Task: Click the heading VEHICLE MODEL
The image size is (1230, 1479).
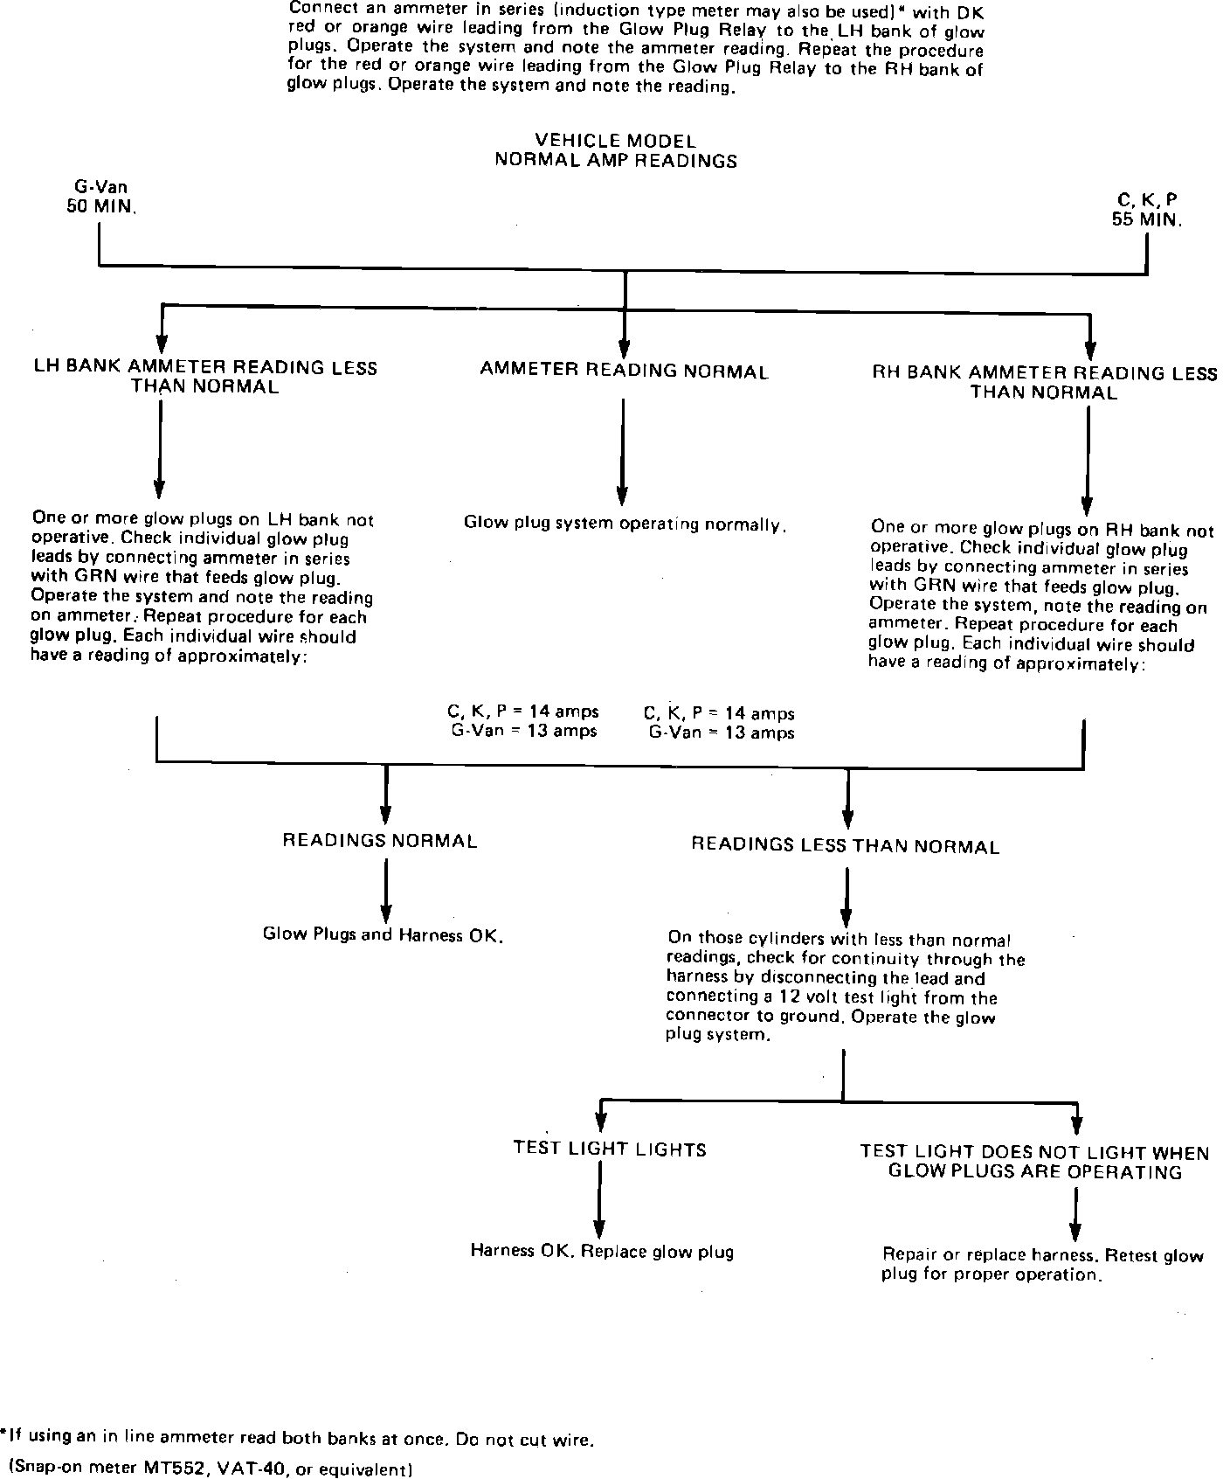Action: coord(615,141)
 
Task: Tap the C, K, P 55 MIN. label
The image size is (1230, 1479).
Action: coord(1147,210)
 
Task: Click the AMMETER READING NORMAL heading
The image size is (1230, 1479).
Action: coord(624,371)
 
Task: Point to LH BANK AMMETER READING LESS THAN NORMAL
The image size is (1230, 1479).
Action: coord(205,377)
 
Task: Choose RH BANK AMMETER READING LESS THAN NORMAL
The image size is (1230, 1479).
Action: coord(1044,383)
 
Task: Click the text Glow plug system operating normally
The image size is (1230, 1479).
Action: coord(625,524)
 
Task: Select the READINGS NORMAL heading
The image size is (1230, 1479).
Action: coord(379,841)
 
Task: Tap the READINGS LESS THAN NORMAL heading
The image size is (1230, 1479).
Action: coord(845,846)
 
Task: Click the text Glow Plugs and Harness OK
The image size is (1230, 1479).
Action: coord(383,934)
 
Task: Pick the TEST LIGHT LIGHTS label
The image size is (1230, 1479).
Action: coord(609,1149)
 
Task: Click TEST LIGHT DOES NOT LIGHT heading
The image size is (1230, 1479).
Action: coord(1034,1163)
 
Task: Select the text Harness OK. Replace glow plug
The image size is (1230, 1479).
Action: coord(602,1251)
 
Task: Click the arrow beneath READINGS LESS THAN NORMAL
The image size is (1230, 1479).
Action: coord(846,896)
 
